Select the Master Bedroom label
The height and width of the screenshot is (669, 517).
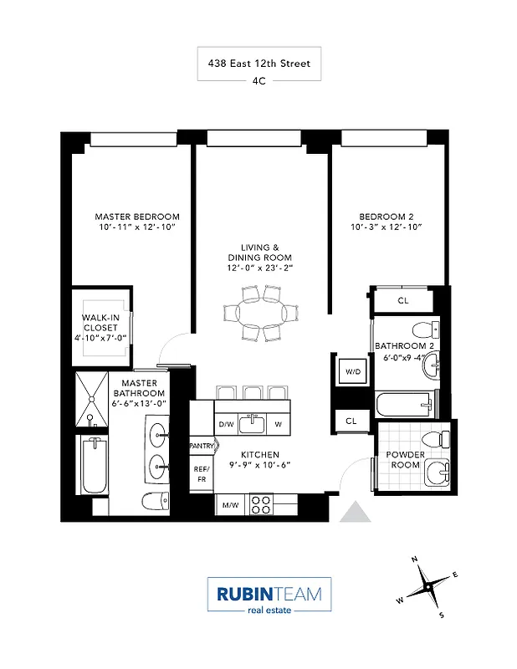pos(136,217)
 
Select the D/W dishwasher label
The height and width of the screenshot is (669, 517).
pos(226,425)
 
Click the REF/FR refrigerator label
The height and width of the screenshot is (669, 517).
pos(201,474)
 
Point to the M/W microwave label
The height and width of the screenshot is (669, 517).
pos(228,505)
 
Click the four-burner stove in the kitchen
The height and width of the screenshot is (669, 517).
pos(261,504)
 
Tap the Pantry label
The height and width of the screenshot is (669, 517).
pos(202,446)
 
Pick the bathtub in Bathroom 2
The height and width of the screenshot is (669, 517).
pos(405,406)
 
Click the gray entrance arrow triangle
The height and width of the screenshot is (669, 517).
pos(357,512)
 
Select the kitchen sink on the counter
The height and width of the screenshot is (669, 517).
pos(253,425)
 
